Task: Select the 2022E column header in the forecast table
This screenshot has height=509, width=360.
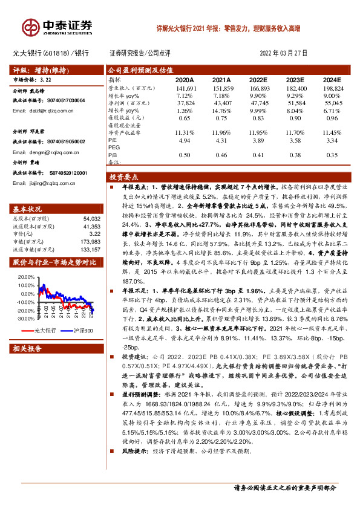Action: [258, 80]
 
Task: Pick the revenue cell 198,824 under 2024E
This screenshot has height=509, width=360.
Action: [332, 88]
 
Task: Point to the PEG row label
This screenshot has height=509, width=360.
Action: [113, 148]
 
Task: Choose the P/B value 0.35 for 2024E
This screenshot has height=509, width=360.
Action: [332, 155]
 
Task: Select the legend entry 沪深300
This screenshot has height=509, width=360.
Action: [83, 331]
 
